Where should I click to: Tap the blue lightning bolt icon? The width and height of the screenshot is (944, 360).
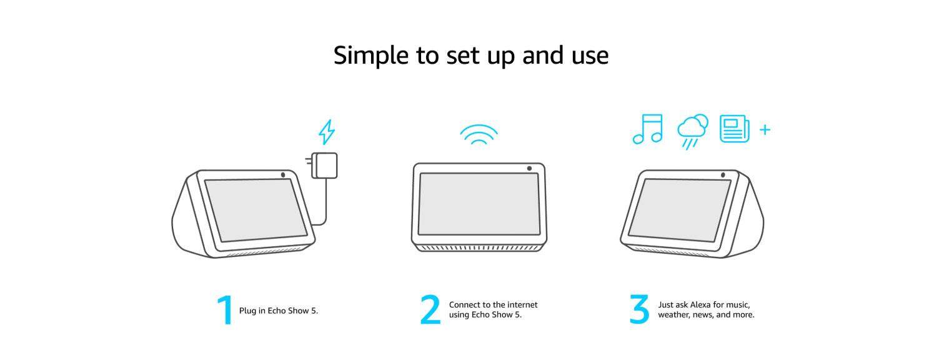point(327,132)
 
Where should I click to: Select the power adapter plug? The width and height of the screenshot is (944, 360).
point(322,165)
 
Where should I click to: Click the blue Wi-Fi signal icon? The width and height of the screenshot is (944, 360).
point(479,134)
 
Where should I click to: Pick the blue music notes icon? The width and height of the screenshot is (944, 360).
point(648,129)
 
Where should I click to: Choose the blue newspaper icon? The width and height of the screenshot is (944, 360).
point(735,129)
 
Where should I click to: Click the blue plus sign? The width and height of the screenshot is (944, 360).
point(765,129)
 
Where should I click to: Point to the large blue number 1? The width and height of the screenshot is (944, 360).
point(225,310)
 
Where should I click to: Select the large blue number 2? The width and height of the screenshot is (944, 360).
point(430,310)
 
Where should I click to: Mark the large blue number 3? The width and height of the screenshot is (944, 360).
point(639,309)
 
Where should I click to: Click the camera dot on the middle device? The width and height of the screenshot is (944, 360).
point(529,168)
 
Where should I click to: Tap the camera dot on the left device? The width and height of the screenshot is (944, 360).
point(283,175)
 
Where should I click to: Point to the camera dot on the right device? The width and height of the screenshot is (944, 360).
point(723,175)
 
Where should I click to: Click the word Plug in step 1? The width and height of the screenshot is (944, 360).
point(247,311)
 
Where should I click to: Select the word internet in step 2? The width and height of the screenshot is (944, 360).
point(522,304)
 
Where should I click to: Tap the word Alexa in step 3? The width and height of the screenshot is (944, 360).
point(700,304)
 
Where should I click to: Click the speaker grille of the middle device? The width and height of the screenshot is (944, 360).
point(479,248)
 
